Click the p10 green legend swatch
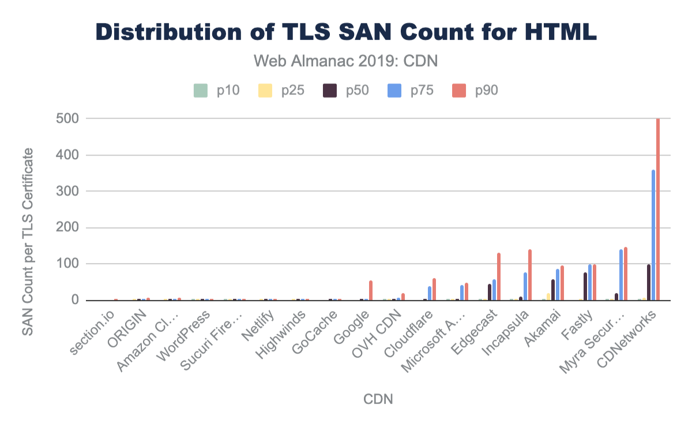200,90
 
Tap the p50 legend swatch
329,90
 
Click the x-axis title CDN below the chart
378,399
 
